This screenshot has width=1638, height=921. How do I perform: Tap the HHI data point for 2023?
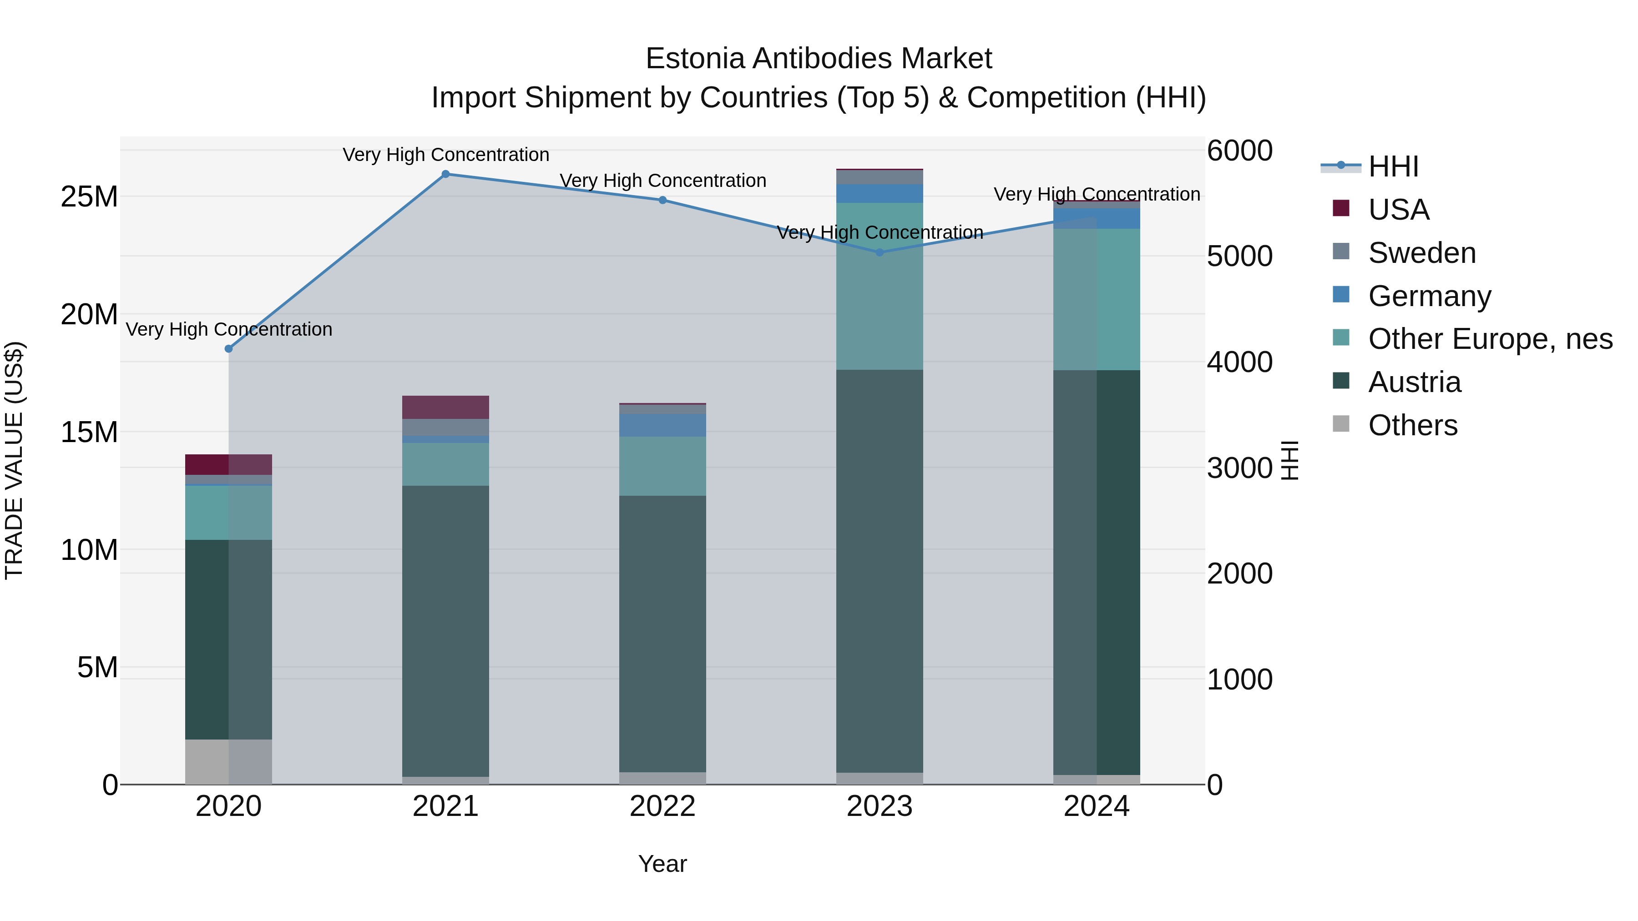pyautogui.click(x=880, y=252)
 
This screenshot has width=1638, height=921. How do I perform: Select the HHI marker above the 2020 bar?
pyautogui.click(x=228, y=349)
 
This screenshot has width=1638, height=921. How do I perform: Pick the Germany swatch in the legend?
pyautogui.click(x=1341, y=295)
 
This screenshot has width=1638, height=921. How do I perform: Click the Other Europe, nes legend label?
pyautogui.click(x=1490, y=339)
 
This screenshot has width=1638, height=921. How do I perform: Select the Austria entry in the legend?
pyautogui.click(x=1414, y=382)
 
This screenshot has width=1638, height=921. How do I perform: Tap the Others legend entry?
pyautogui.click(x=1412, y=425)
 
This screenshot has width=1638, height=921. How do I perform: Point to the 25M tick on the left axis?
pyautogui.click(x=89, y=197)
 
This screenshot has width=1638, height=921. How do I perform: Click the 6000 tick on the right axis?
pyautogui.click(x=1239, y=151)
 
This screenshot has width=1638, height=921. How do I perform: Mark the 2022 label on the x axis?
pyautogui.click(x=662, y=806)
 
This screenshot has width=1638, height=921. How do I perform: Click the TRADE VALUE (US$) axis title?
pyautogui.click(x=15, y=460)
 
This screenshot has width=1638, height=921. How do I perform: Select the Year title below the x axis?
pyautogui.click(x=662, y=864)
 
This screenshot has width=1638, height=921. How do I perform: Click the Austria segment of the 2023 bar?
pyautogui.click(x=880, y=571)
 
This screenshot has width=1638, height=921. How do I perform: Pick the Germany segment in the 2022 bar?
pyautogui.click(x=662, y=425)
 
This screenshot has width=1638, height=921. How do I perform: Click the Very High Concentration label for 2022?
pyautogui.click(x=662, y=181)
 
